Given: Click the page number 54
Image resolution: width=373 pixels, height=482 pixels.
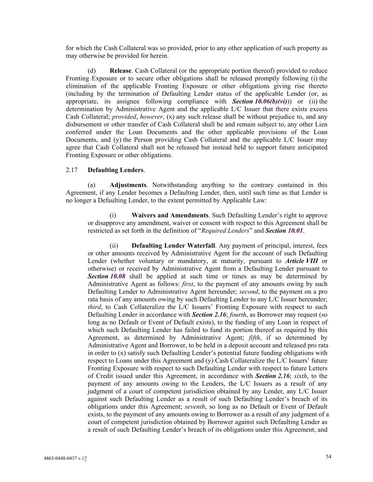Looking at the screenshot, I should point(328,457).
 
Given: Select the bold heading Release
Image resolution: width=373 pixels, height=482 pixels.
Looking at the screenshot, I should point(120,71).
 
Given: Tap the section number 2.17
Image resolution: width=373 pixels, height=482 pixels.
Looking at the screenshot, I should point(71,170).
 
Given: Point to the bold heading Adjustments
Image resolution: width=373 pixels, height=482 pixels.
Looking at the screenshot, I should point(128,185).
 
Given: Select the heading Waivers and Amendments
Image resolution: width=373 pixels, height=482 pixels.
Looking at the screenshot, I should point(170,215).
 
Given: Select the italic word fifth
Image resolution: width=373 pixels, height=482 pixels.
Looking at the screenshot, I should point(254,338).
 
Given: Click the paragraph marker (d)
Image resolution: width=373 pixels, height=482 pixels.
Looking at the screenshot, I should point(92,71).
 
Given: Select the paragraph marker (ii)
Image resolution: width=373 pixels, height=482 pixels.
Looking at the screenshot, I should point(114,246).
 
